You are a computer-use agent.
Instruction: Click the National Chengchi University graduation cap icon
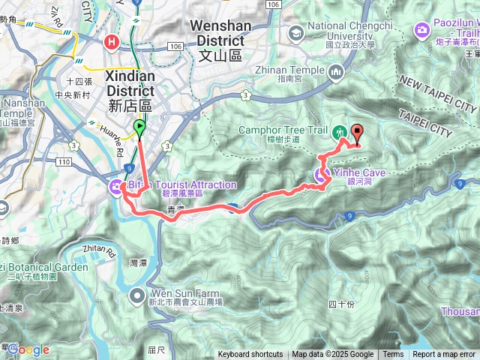coord(295,32)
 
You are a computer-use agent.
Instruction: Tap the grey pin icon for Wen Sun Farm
coord(137,295)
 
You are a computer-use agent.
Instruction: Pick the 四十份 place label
coord(341,304)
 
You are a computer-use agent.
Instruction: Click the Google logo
coord(28,349)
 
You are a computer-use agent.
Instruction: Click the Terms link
coord(392,355)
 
